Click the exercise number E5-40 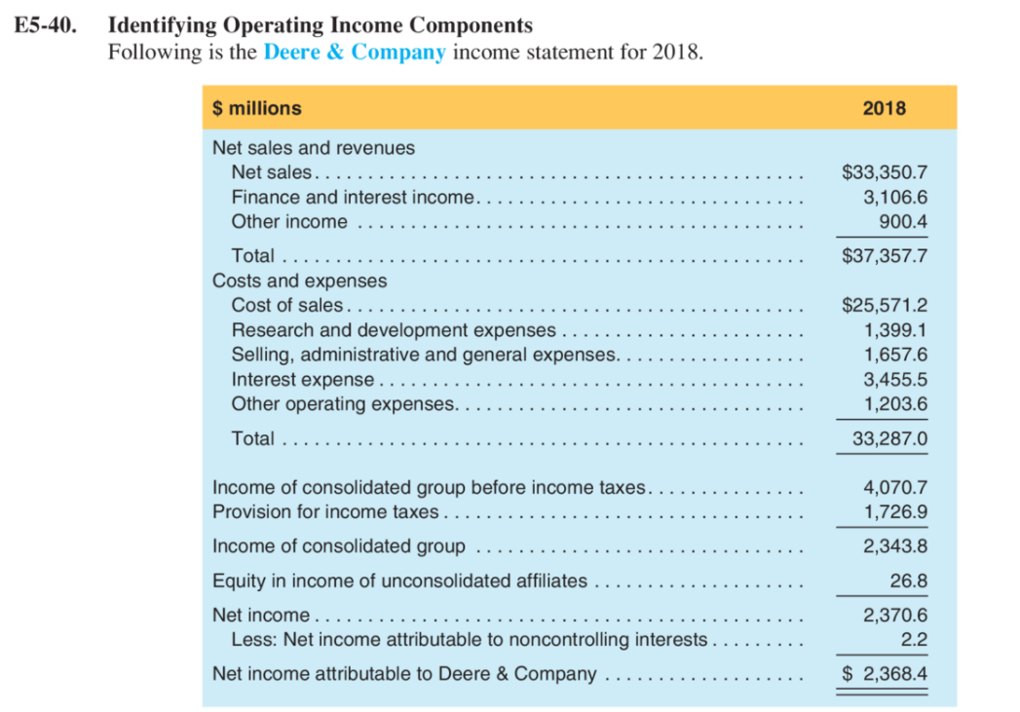pyautogui.click(x=46, y=25)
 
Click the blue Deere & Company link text pyautogui.click(x=354, y=52)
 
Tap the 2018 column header pyautogui.click(x=884, y=108)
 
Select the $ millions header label pyautogui.click(x=256, y=108)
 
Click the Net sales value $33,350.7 pyautogui.click(x=884, y=173)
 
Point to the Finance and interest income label pyautogui.click(x=352, y=198)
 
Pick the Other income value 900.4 pyautogui.click(x=903, y=222)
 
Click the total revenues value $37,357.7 pyautogui.click(x=884, y=257)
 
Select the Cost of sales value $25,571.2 pyautogui.click(x=884, y=306)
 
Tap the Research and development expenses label pyautogui.click(x=394, y=330)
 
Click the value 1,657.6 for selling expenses pyautogui.click(x=895, y=355)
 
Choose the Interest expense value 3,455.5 pyautogui.click(x=895, y=379)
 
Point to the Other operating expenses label pyautogui.click(x=342, y=403)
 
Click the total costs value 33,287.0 pyautogui.click(x=889, y=439)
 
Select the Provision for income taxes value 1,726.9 pyautogui.click(x=895, y=511)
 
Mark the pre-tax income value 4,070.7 pyautogui.click(x=895, y=487)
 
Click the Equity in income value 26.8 pyautogui.click(x=908, y=581)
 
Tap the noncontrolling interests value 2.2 pyautogui.click(x=914, y=640)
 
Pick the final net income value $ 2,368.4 pyautogui.click(x=884, y=674)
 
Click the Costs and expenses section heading pyautogui.click(x=299, y=281)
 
